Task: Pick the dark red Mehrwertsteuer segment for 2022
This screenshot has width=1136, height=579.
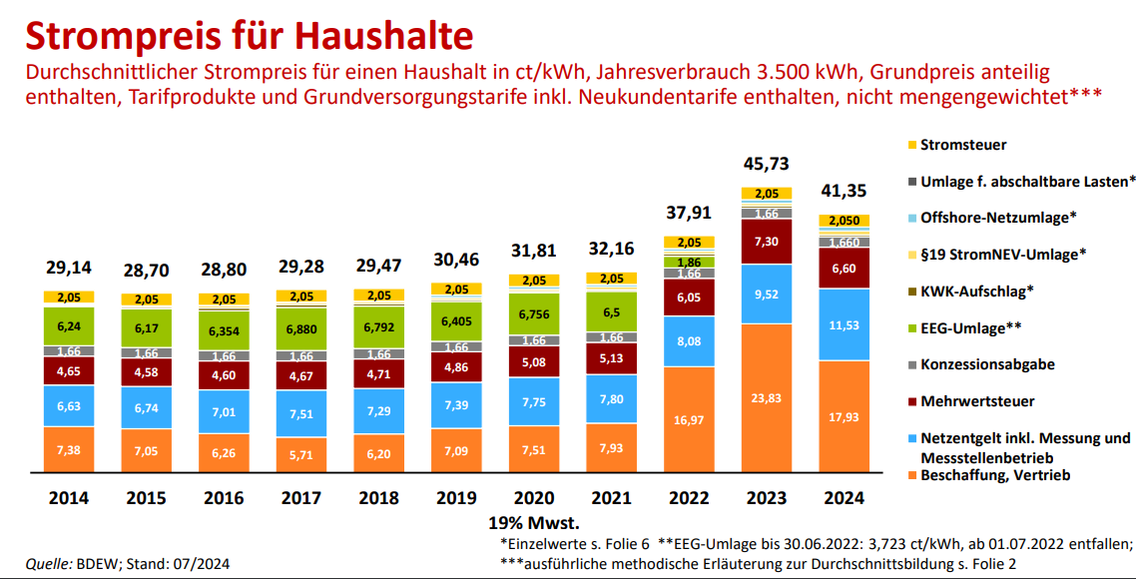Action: [689, 297]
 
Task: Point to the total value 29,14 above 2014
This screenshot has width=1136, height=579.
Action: [69, 268]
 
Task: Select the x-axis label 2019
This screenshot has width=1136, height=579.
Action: [456, 497]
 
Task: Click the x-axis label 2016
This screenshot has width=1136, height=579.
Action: [225, 497]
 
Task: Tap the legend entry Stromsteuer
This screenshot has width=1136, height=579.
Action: [962, 145]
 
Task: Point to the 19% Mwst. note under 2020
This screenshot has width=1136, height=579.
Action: [534, 522]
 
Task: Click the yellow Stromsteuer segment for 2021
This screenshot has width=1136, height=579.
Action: [611, 279]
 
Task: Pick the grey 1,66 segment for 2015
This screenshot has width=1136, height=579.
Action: [147, 353]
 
